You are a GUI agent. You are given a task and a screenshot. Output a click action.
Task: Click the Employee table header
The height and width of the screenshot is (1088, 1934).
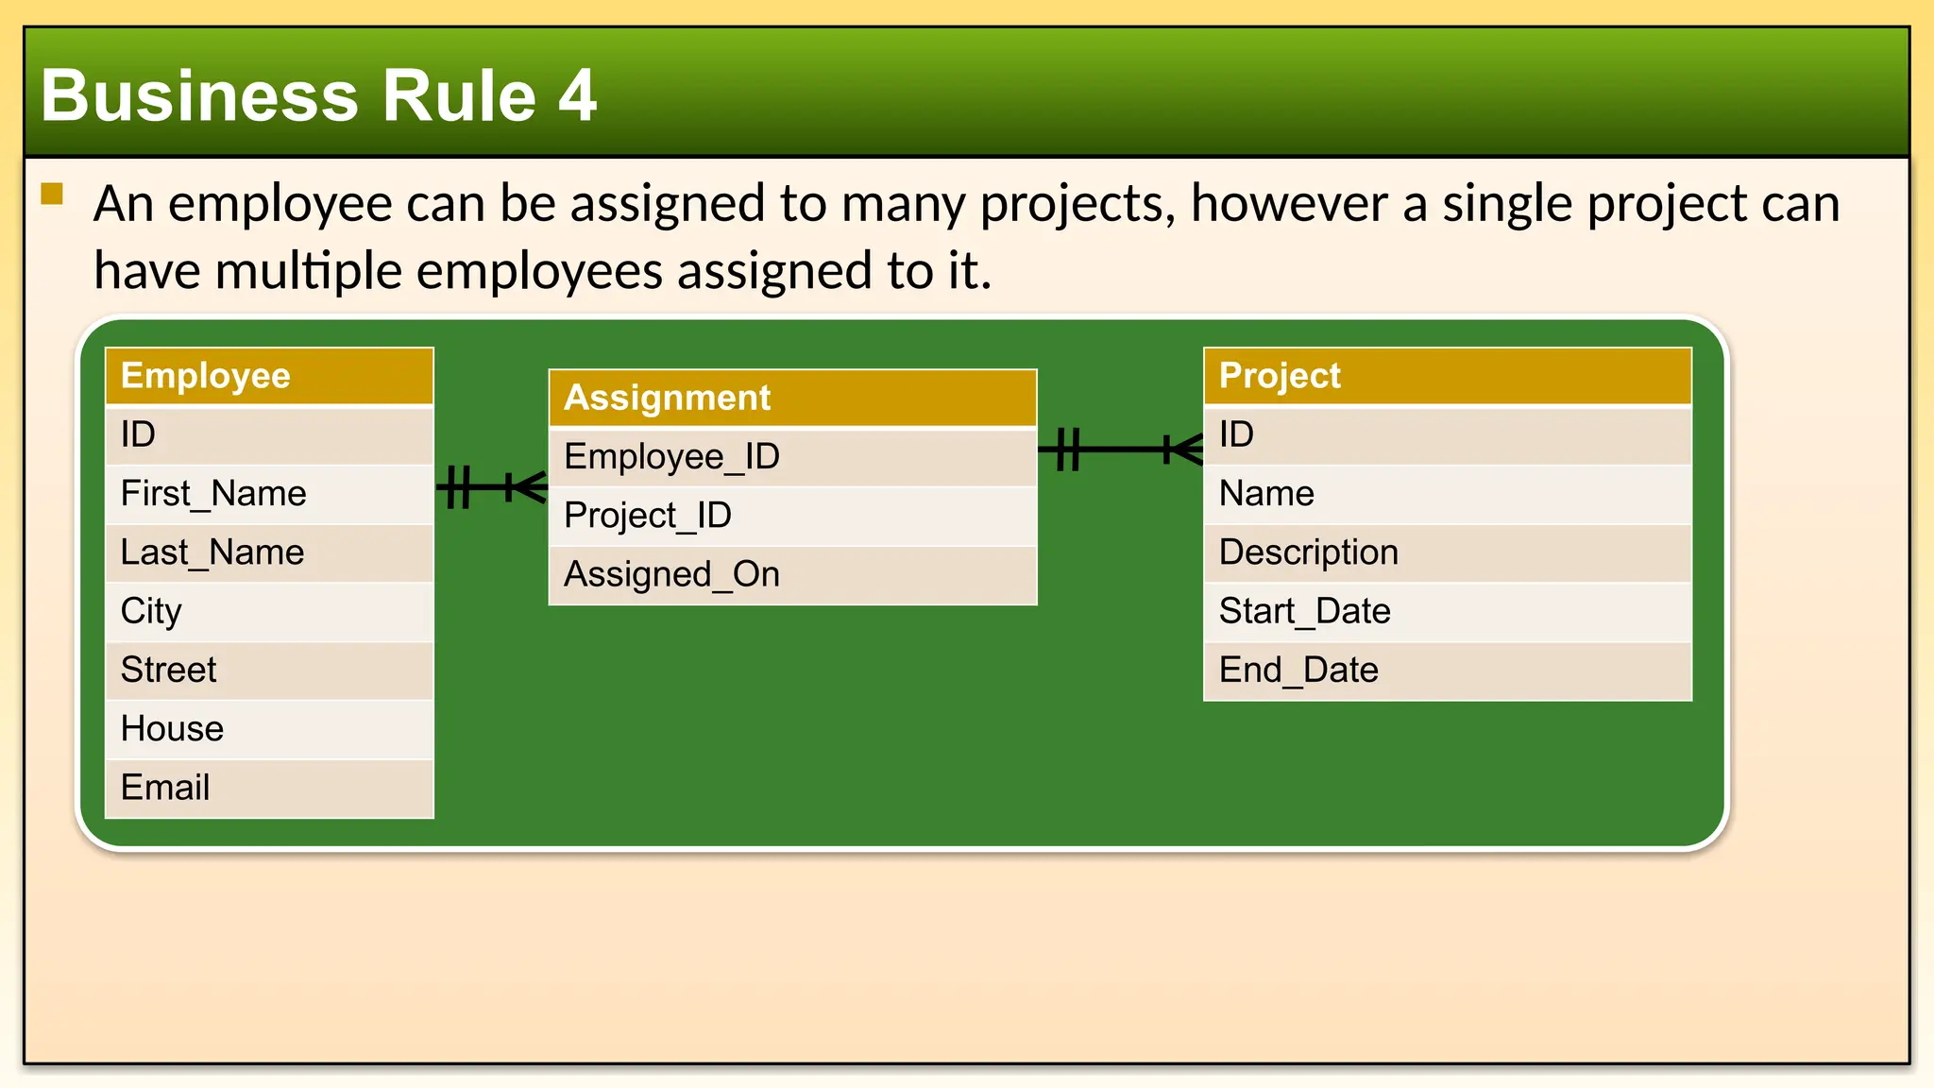269,376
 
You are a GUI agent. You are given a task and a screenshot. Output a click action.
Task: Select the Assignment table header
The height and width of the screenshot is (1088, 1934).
792,398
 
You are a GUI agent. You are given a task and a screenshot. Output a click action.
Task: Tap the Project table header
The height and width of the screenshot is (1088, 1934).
1447,376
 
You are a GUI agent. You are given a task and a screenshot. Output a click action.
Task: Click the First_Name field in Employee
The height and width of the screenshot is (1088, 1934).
269,494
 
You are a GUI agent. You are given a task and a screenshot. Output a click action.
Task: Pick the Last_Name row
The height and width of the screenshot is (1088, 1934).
269,552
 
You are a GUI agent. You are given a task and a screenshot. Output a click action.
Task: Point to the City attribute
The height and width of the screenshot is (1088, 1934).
269,611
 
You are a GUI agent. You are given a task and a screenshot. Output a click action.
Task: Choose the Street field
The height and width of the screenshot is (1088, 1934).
269,671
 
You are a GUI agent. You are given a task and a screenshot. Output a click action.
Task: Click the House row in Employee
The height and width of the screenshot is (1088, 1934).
269,729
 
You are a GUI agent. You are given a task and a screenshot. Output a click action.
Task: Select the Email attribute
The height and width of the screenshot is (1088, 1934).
269,788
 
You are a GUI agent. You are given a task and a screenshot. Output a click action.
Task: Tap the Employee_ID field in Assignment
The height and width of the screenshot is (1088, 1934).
792,457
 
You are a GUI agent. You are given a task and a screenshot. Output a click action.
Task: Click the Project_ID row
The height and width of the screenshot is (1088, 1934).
792,516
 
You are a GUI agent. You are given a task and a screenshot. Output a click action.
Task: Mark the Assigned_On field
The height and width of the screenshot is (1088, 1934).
792,574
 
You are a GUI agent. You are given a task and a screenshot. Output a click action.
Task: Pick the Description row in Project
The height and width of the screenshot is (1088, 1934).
1447,552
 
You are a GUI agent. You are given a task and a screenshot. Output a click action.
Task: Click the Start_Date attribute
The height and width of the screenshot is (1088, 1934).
1447,611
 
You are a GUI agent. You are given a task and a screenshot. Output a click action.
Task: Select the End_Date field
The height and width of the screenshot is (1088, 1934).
1447,671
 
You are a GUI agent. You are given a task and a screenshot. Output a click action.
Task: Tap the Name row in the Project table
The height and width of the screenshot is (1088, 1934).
1447,494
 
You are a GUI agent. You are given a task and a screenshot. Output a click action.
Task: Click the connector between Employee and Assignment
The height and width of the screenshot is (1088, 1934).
491,487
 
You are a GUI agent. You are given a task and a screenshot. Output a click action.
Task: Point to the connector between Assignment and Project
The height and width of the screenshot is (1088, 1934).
1121,449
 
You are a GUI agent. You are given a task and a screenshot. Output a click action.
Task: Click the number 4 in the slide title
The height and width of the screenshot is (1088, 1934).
577,95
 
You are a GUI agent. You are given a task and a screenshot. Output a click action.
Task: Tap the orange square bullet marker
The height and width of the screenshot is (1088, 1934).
52,195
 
